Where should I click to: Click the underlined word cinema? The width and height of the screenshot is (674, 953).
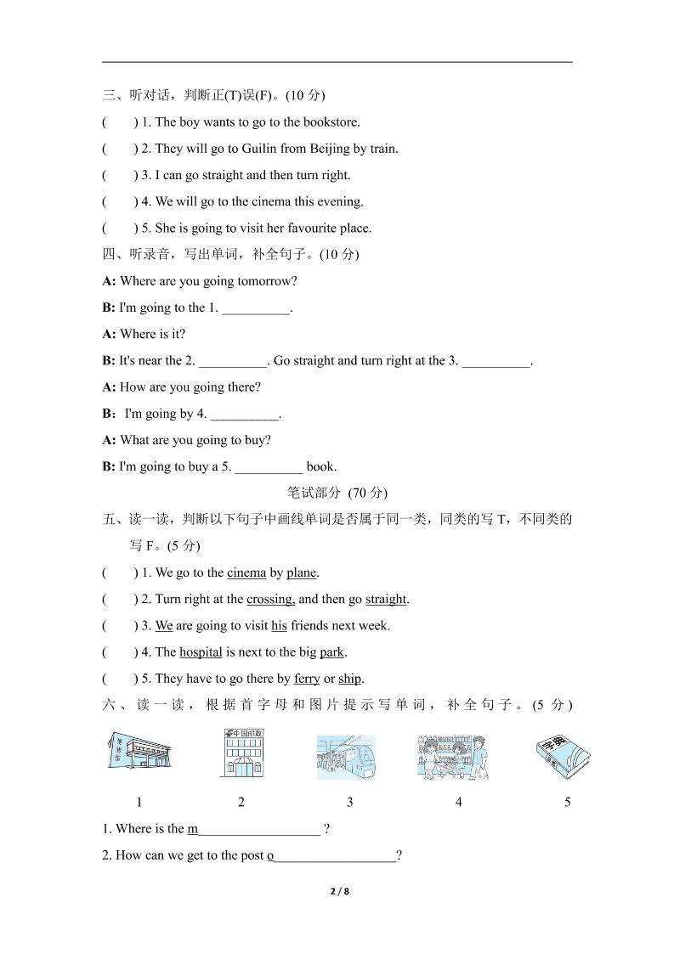(246, 573)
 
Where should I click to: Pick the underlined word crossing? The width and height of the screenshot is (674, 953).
(270, 600)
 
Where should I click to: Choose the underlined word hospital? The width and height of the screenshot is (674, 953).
(201, 652)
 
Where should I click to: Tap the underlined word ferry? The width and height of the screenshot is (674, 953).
(307, 679)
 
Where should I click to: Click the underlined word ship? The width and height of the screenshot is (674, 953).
(349, 679)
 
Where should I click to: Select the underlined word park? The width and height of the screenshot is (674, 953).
(331, 652)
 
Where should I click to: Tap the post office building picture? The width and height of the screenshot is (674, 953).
(241, 753)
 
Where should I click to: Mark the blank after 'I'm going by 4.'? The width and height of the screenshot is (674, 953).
(244, 415)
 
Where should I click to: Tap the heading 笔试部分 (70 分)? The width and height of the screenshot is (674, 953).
(337, 493)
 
